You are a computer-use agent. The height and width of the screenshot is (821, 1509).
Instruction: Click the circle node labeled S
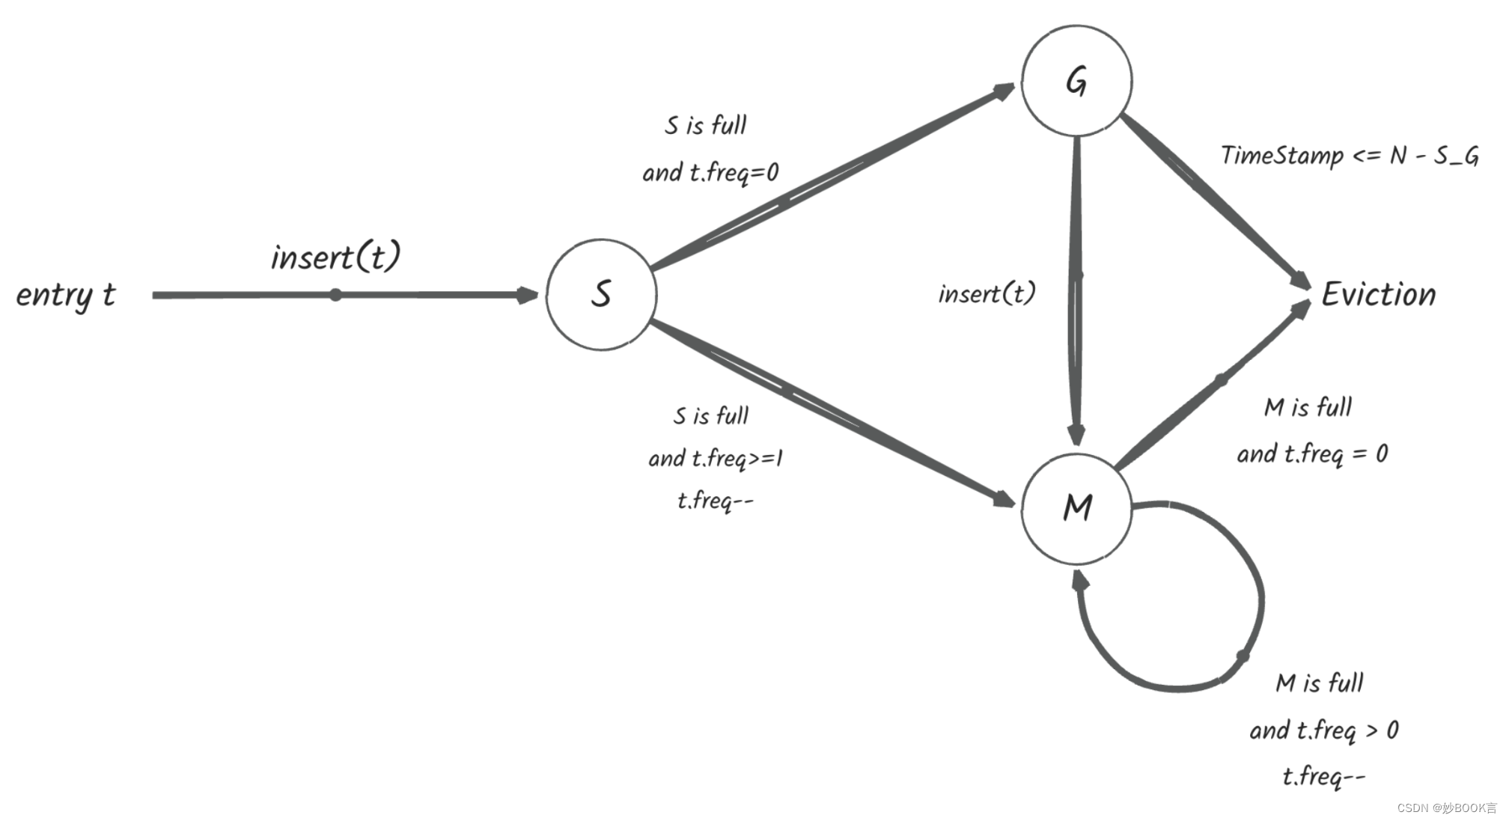pos(601,294)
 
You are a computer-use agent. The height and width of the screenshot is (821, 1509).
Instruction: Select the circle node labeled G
pos(1076,81)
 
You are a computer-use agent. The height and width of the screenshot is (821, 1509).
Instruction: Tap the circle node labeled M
pos(1076,508)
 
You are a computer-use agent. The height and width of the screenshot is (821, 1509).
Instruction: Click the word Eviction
pos(1378,294)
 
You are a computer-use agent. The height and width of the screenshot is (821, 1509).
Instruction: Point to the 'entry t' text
pos(66,294)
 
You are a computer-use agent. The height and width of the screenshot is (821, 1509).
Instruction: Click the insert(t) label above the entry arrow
pos(335,257)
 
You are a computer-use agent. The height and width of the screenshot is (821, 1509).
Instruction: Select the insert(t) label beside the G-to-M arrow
pos(987,293)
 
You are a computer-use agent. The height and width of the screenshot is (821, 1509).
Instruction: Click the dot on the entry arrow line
pos(335,295)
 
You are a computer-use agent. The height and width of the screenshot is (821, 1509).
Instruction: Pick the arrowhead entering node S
pos(528,295)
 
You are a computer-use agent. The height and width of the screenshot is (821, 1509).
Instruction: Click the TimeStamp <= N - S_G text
pos(1349,156)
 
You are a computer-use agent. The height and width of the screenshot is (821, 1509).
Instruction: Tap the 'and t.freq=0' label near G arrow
pos(710,172)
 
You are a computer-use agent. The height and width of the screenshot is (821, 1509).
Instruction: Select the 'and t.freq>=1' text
pos(715,457)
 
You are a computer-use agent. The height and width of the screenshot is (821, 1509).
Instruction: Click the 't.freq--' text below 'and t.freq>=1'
pos(715,499)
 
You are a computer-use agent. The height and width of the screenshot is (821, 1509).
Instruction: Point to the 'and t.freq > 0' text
pos(1323,730)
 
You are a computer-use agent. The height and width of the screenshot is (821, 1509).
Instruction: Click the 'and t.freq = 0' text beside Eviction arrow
pos(1311,454)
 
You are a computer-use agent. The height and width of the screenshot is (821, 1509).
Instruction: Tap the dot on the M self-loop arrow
pos(1243,656)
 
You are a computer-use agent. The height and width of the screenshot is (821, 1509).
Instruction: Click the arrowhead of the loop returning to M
pos(1079,580)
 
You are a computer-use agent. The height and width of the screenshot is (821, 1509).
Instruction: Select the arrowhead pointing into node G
pos(1005,91)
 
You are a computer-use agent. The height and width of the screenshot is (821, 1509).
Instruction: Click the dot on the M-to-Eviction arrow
pos(1221,380)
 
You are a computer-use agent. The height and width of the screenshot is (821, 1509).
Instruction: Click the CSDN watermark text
pos(1446,808)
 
